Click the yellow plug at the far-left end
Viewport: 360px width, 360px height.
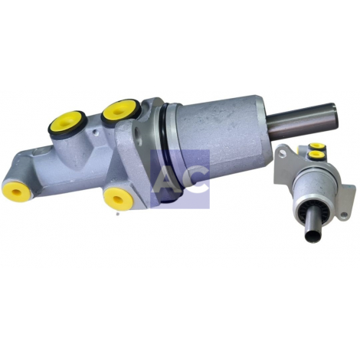[17, 191]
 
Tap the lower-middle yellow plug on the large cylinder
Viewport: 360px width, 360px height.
[119, 198]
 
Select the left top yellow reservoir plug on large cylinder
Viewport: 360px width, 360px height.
[67, 123]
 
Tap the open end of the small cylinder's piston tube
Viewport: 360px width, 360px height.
[313, 237]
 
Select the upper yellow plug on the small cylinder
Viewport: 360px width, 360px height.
[316, 146]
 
